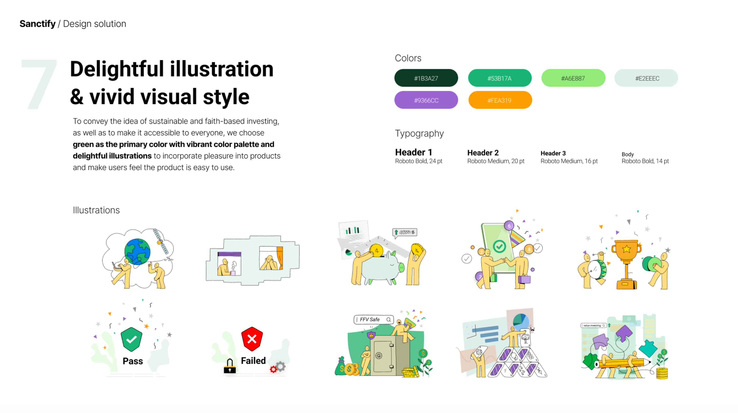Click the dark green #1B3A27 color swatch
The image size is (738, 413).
coord(426,78)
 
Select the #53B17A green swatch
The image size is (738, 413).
coord(500,78)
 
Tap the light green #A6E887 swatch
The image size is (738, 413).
coord(573,78)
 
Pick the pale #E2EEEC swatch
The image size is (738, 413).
coord(646,78)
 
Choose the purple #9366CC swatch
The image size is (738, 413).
coord(426,100)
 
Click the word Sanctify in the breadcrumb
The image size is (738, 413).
coord(38,24)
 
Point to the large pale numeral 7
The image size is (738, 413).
coord(39,84)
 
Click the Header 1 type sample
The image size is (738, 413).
coord(413,152)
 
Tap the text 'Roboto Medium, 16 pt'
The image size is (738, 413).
coord(569,161)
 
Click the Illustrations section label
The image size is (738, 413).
coord(96,210)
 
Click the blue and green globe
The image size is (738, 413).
coord(138,251)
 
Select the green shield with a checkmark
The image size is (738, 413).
coord(132,339)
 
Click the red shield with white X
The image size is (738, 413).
coord(252,339)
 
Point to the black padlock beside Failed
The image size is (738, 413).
coord(230,366)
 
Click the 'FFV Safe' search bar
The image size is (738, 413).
coord(374,320)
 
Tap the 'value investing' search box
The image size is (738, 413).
coord(593,325)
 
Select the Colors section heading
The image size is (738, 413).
coord(408,58)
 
